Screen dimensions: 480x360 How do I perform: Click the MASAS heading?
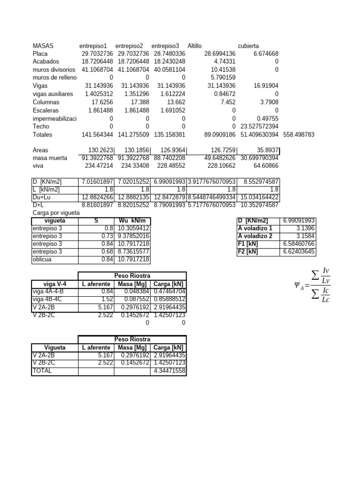click(x=43, y=46)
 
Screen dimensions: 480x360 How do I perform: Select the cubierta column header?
click(x=248, y=46)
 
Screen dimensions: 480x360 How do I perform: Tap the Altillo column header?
click(x=195, y=46)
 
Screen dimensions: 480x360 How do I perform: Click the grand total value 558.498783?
click(x=299, y=135)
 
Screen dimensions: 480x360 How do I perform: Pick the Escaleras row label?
click(x=45, y=110)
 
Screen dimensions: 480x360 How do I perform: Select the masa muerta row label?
click(x=50, y=158)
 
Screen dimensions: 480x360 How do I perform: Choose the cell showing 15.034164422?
click(x=259, y=197)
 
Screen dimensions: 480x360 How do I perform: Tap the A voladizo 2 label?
click(x=255, y=236)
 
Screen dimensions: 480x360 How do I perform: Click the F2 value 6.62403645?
click(x=299, y=252)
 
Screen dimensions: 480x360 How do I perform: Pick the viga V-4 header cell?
click(x=54, y=283)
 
